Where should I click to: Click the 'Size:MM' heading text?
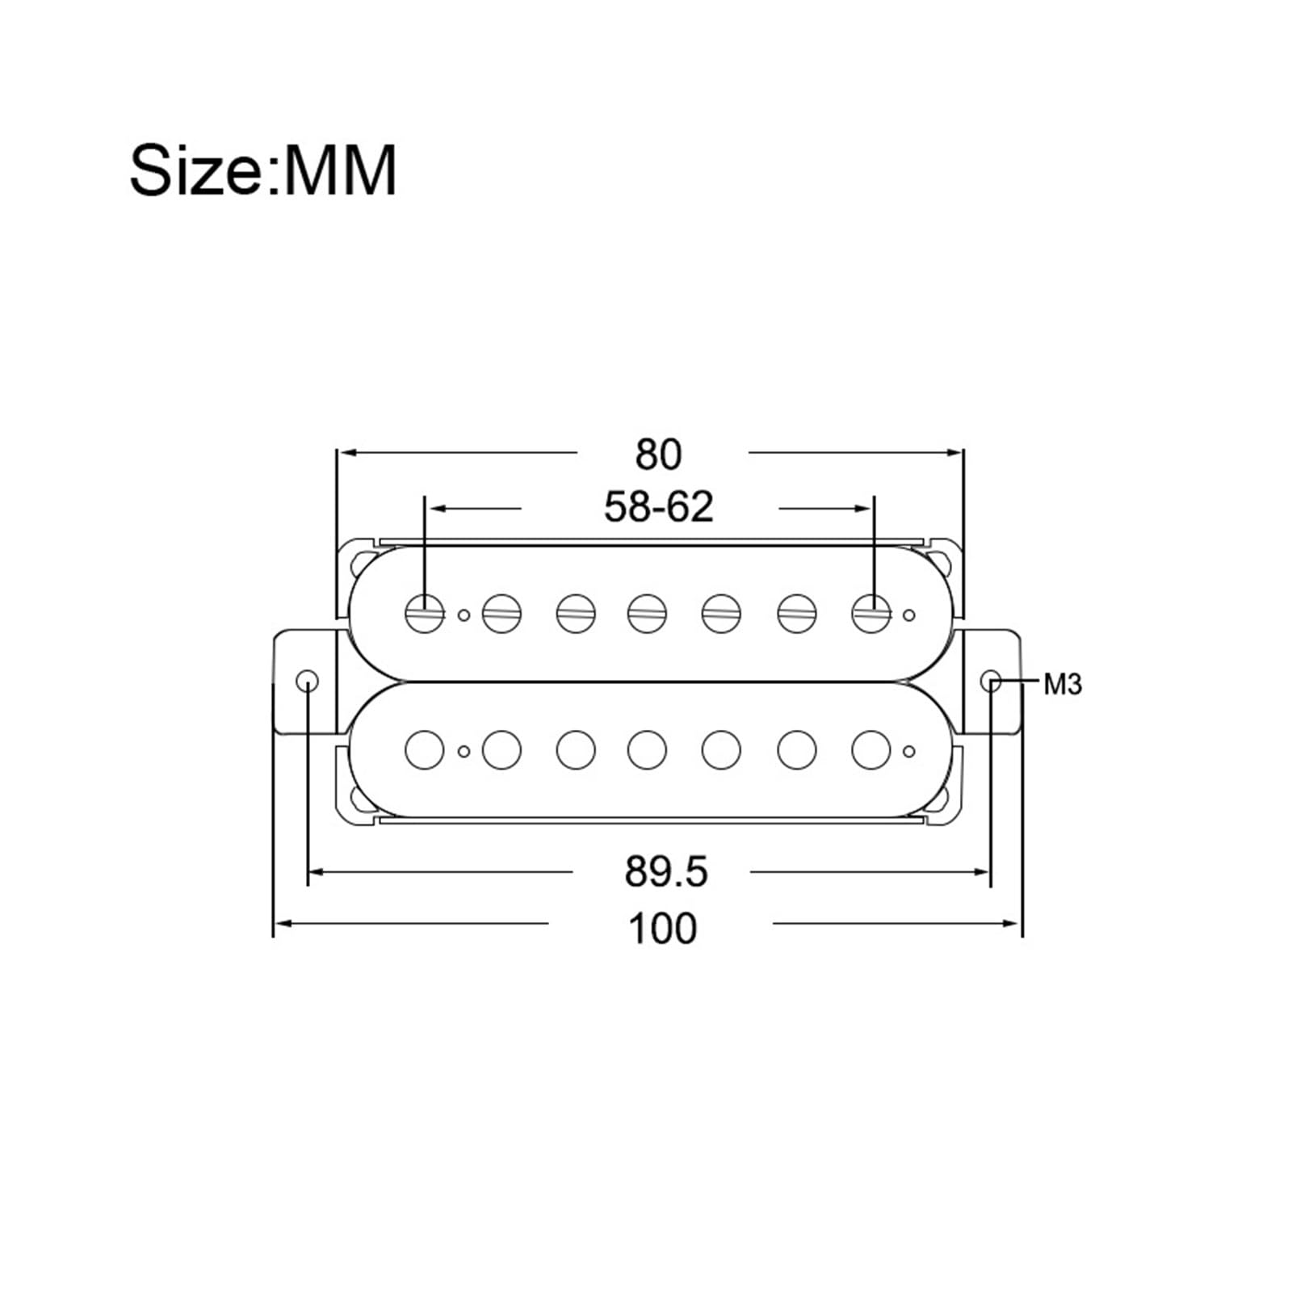pyautogui.click(x=263, y=170)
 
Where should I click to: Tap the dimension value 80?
pyautogui.click(x=658, y=455)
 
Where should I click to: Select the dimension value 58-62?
pyautogui.click(x=659, y=507)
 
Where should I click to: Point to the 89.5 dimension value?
pyautogui.click(x=665, y=872)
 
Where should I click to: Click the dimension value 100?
pyautogui.click(x=662, y=928)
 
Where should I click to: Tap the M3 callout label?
pyautogui.click(x=1062, y=685)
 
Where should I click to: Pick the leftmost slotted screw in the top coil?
pyautogui.click(x=425, y=614)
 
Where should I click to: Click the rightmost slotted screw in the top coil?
pyautogui.click(x=871, y=614)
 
